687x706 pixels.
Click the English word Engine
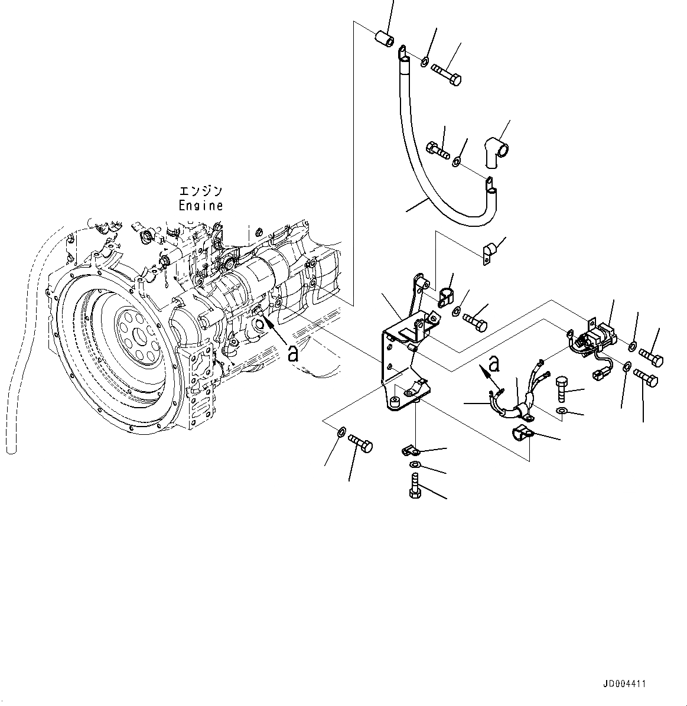[x=201, y=206]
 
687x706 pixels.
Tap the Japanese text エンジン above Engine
[x=201, y=191]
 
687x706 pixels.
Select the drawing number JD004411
[x=624, y=684]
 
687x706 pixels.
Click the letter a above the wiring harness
[x=494, y=365]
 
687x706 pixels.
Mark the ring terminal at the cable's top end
[x=402, y=53]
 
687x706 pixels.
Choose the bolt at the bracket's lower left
[x=361, y=442]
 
